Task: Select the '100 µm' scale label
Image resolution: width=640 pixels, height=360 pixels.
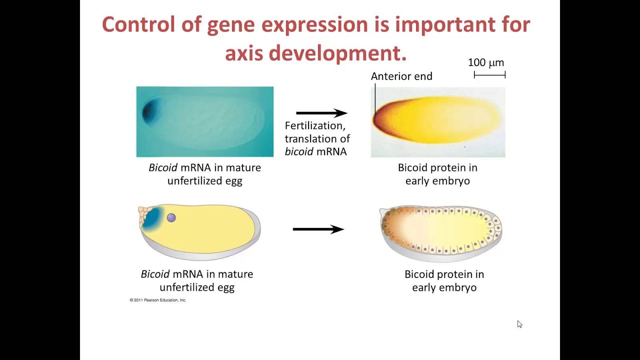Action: [x=485, y=62]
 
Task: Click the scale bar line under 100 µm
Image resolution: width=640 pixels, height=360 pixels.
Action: [x=489, y=75]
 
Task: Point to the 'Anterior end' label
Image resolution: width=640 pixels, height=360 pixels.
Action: [x=401, y=76]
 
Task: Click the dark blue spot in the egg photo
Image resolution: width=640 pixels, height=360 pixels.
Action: [x=149, y=111]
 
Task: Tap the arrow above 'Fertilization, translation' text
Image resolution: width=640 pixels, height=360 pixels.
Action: [x=321, y=113]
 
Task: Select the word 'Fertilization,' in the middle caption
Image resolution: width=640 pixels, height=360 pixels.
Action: [x=315, y=125]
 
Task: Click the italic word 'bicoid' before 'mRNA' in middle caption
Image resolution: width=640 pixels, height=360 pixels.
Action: [x=298, y=151]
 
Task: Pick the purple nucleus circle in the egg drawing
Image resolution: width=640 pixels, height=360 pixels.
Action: [x=171, y=217]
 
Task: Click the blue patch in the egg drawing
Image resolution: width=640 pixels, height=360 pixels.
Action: [x=152, y=218]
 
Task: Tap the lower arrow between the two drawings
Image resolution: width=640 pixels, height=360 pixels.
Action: [x=318, y=229]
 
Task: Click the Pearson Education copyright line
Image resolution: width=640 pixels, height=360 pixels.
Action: [x=158, y=300]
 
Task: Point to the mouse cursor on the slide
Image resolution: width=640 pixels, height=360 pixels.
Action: [x=519, y=324]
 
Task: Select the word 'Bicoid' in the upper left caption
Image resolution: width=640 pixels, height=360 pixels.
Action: [x=162, y=167]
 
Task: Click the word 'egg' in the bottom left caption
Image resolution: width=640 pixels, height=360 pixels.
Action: [x=225, y=287]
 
